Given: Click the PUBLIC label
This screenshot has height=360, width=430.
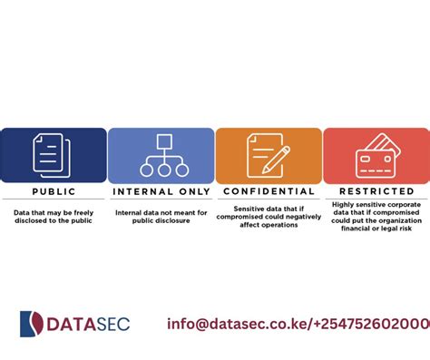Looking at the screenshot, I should pyautogui.click(x=54, y=192).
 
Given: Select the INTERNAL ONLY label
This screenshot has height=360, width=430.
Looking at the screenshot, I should pyautogui.click(x=161, y=192).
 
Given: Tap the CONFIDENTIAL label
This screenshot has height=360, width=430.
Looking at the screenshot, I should pyautogui.click(x=269, y=192).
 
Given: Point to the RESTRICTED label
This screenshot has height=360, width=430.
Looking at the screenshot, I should pyautogui.click(x=376, y=192).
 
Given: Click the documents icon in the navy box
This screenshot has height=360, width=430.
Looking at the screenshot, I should pyautogui.click(x=49, y=155).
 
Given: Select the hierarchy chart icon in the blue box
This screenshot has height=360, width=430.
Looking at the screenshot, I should pyautogui.click(x=161, y=156).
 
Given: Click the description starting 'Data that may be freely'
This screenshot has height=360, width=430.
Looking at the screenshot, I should pyautogui.click(x=54, y=217).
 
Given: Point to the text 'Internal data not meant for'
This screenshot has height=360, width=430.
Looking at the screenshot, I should pyautogui.click(x=161, y=213).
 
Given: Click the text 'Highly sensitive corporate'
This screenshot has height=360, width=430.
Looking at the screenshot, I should pyautogui.click(x=376, y=208).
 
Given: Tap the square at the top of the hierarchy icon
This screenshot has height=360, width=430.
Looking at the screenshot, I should pyautogui.click(x=161, y=141).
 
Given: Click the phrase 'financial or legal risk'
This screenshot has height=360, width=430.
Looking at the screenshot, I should pyautogui.click(x=376, y=231).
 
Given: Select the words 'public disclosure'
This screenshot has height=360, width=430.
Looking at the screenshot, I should pyautogui.click(x=161, y=221).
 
